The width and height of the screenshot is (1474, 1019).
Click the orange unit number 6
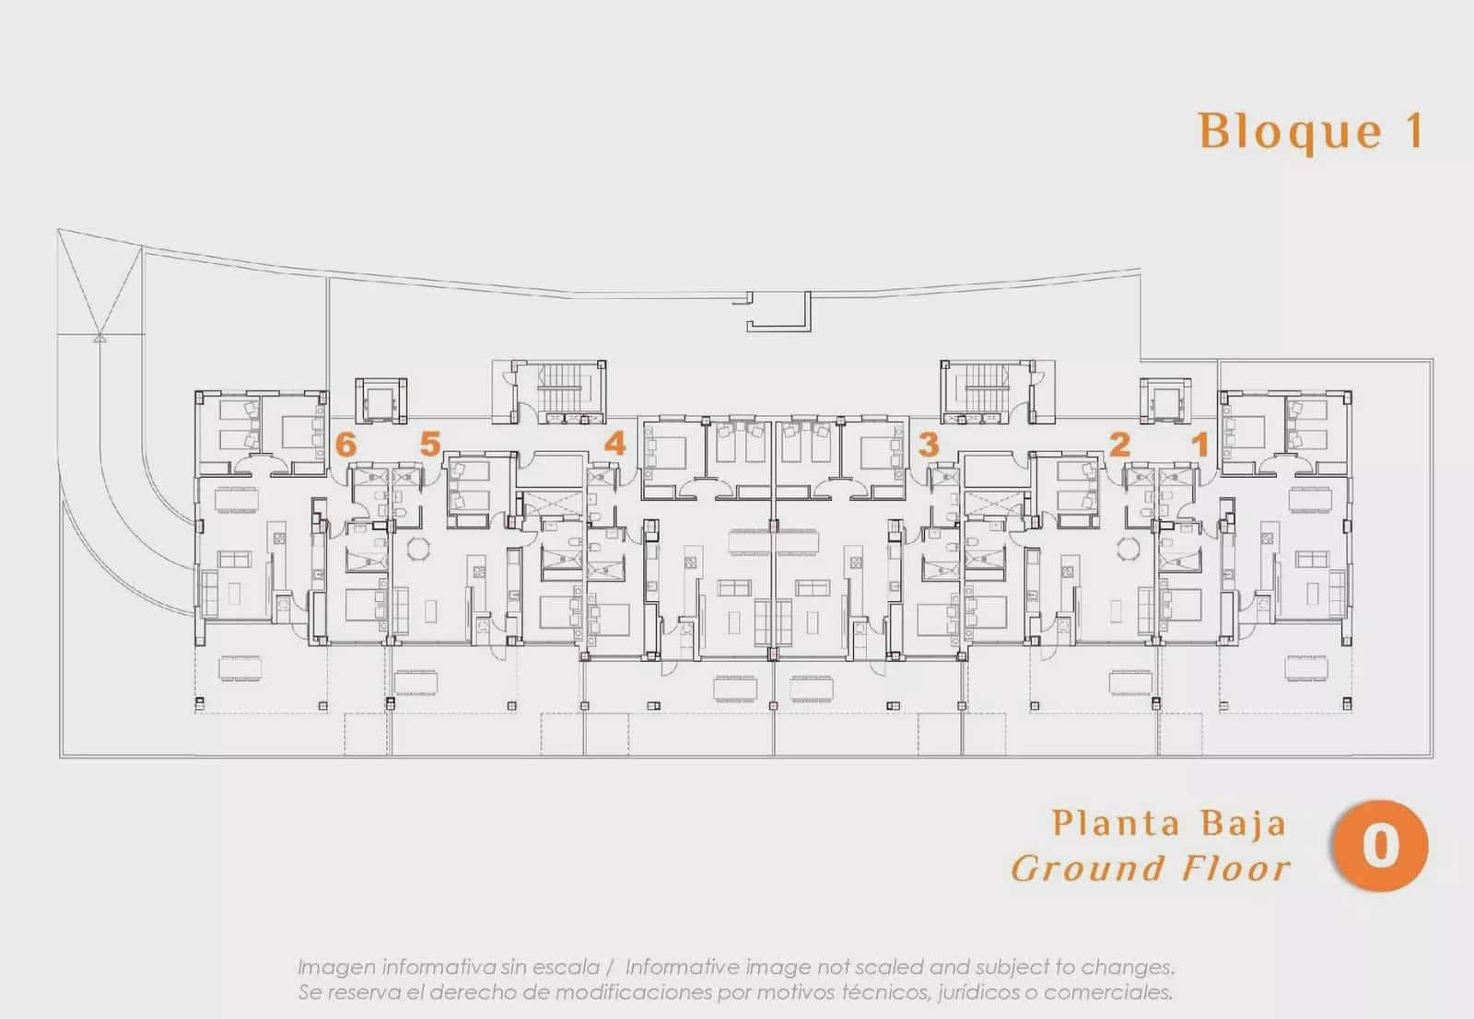pos(345,446)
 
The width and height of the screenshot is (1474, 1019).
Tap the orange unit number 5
pos(429,444)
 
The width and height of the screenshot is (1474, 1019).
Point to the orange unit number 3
pos(928,446)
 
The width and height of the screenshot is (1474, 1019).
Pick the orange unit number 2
pos(1119,445)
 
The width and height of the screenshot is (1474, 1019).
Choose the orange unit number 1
pos(1201,445)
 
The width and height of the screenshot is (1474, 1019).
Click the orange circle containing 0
pos(1381,845)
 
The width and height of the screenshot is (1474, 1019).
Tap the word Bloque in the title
pos(1290,133)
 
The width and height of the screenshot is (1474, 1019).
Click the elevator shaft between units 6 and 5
pos(381,400)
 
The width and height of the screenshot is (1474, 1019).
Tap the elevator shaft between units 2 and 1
pos(1165,400)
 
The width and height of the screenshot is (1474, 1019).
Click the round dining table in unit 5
pos(418,548)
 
